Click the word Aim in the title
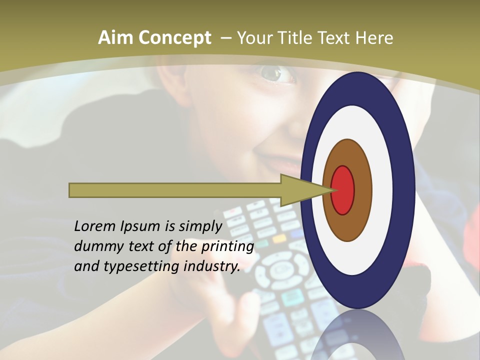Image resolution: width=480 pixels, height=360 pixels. pos(115,38)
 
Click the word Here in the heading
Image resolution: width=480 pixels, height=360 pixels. pos(374,38)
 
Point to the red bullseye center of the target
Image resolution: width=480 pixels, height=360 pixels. pos(343,190)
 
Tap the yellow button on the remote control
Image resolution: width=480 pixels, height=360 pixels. pos(279,238)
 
